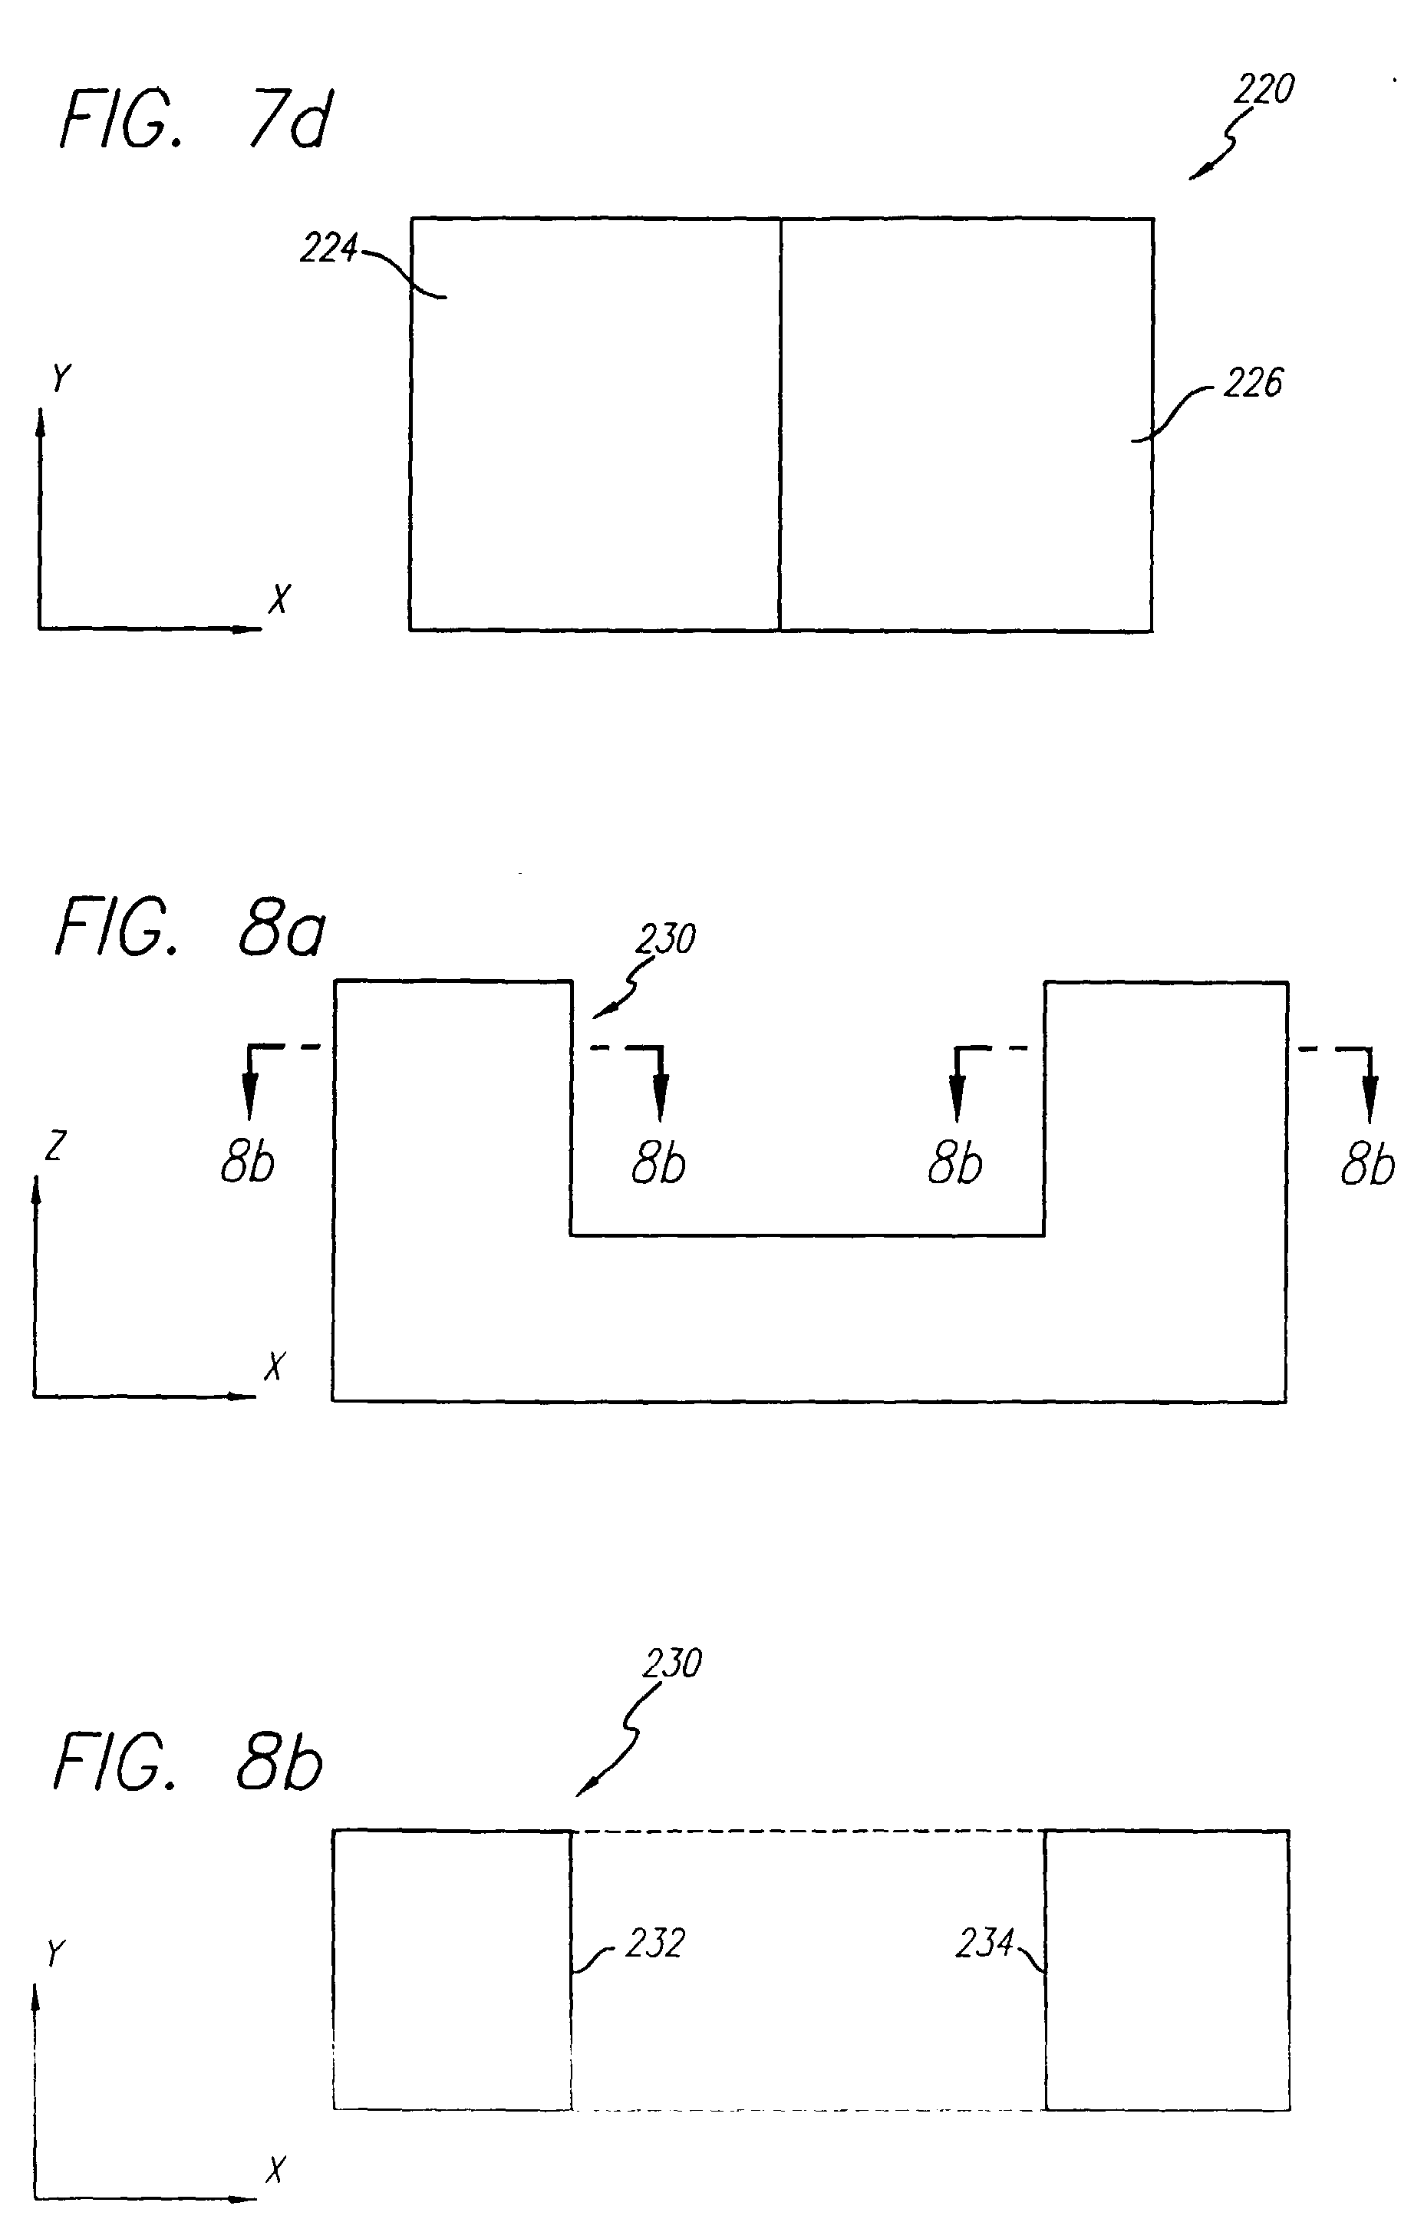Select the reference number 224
[x=328, y=248]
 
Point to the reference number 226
[x=1253, y=383]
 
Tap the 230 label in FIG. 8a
[x=665, y=939]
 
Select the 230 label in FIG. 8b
[x=672, y=1663]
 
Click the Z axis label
[x=55, y=1146]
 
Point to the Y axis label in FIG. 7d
[x=61, y=378]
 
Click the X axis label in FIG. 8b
[x=275, y=2169]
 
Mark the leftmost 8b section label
[x=248, y=1162]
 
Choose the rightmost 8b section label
[x=1367, y=1164]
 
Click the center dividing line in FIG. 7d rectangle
[x=780, y=425]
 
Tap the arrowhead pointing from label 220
[x=1198, y=173]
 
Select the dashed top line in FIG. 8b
[x=807, y=1831]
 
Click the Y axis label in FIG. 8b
[x=55, y=1953]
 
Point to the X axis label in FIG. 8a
[x=274, y=1366]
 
